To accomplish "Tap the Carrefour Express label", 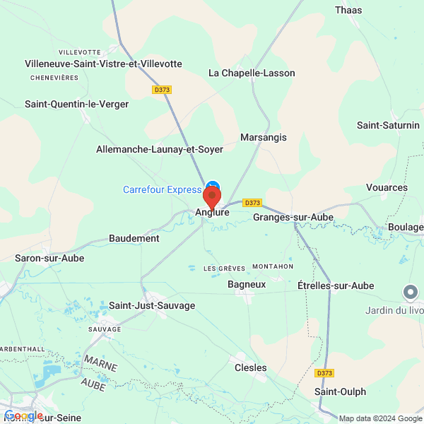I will (163, 189).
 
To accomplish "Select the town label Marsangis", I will (264, 137).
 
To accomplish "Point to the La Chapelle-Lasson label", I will (252, 73).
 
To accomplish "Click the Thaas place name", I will (348, 10).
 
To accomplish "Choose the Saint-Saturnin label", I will (388, 126).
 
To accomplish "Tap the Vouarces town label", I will (387, 187).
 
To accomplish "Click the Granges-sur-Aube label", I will (293, 217).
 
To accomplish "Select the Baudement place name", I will (134, 238).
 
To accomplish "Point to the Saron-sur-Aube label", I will (49, 258).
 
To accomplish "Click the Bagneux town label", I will (247, 284).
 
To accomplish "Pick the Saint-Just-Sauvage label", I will (152, 305).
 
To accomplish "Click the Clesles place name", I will (250, 367).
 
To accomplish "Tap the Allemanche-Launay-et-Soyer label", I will (160, 149).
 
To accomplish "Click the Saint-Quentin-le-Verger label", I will (77, 104).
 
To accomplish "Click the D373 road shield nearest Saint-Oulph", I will (324, 373).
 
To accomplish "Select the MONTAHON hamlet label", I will (272, 266).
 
